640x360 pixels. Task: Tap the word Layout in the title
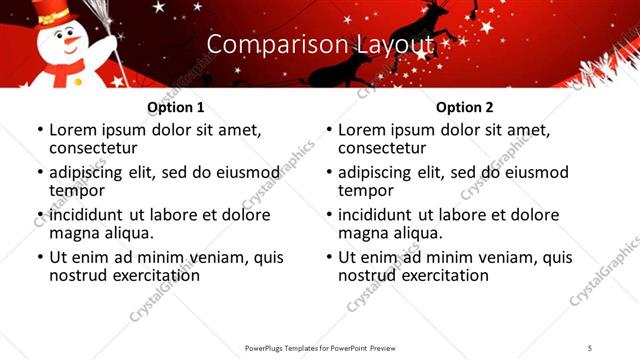395,44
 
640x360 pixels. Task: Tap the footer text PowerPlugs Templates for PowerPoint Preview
320,348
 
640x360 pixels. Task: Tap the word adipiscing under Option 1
88,172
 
